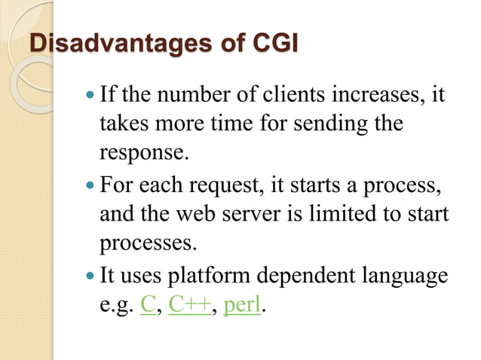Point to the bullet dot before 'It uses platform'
[x=91, y=276]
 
